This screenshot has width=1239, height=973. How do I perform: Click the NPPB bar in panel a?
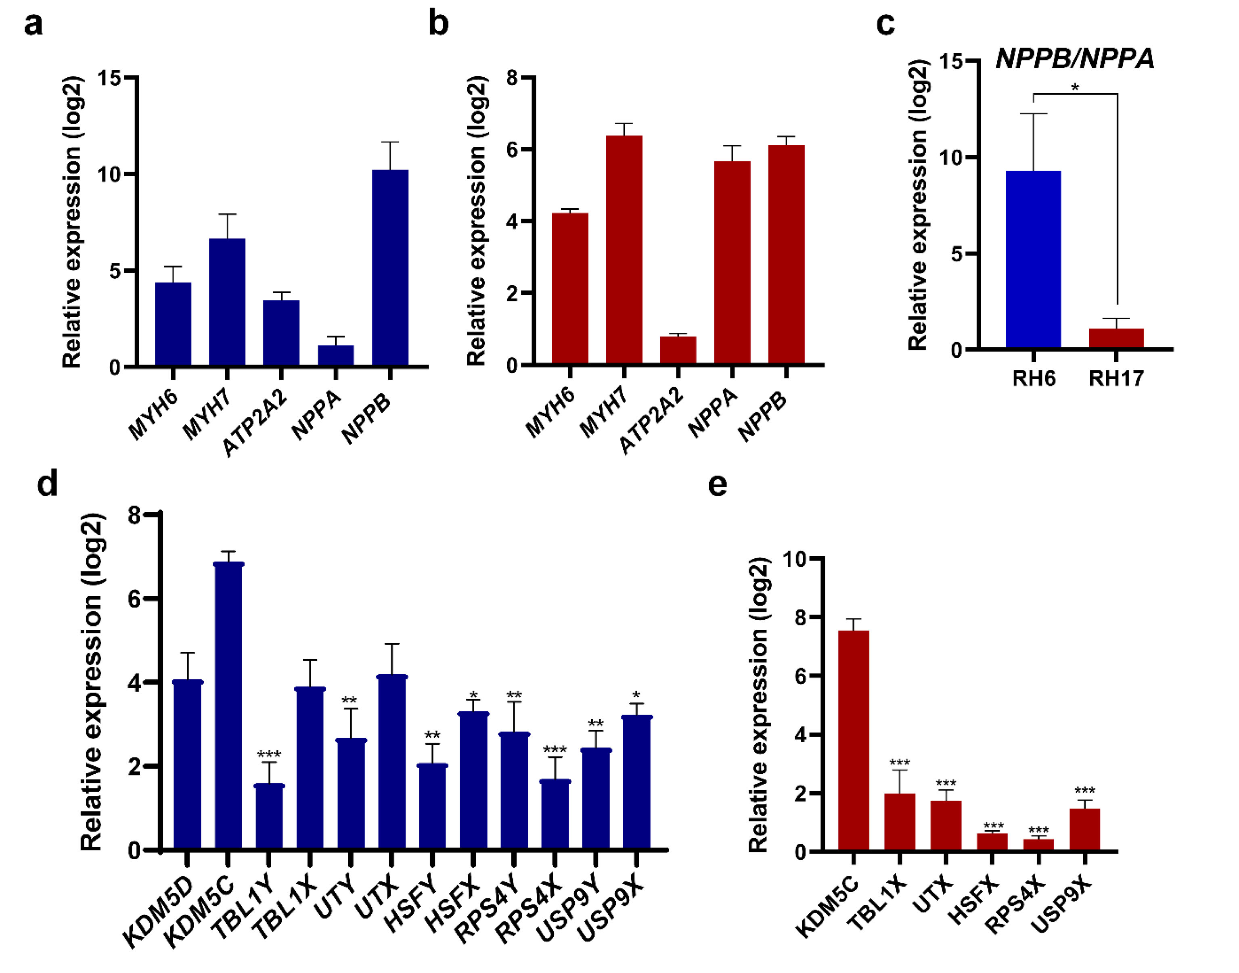point(390,268)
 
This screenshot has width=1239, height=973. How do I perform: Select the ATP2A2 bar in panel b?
point(678,350)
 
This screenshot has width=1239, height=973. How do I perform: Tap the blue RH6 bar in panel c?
point(1033,259)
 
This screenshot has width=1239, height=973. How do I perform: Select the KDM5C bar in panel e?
point(853,741)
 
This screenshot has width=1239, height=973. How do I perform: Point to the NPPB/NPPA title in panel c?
point(1074,58)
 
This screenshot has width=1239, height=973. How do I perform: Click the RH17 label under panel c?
point(1116,379)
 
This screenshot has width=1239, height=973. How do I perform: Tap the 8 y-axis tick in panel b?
point(512,78)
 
